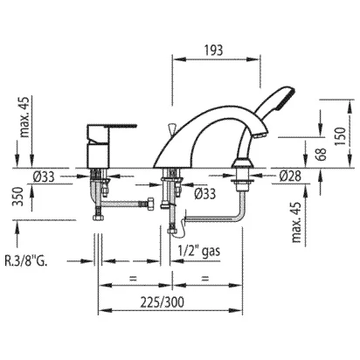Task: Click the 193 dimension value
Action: pyautogui.click(x=213, y=50)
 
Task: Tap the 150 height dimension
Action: pyautogui.click(x=341, y=136)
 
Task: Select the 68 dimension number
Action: pyautogui.click(x=321, y=155)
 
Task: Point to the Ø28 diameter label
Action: pyautogui.click(x=290, y=176)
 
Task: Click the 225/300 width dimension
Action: pyautogui.click(x=163, y=302)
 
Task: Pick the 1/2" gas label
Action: pyautogui.click(x=199, y=251)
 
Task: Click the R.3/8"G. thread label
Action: pyautogui.click(x=26, y=260)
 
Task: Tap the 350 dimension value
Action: pyautogui.click(x=18, y=197)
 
